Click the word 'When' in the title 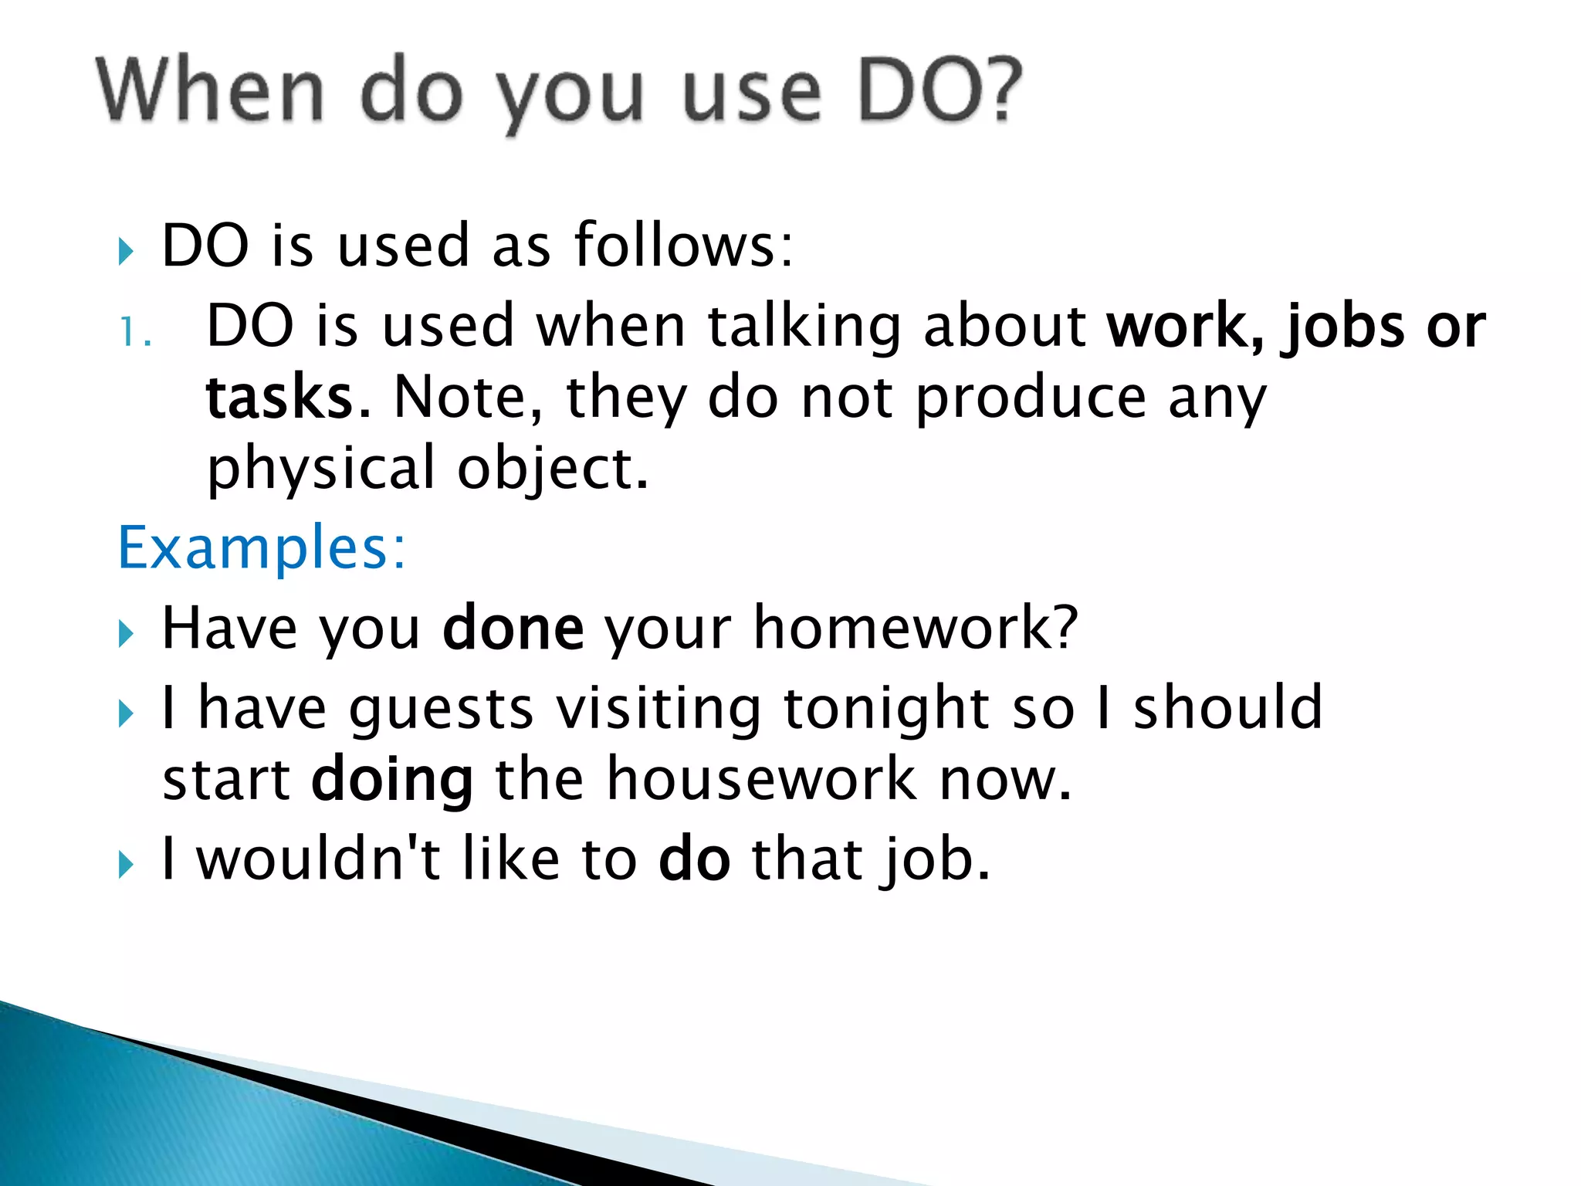[210, 93]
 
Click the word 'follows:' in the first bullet [683, 246]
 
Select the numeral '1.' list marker [135, 334]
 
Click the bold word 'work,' [1185, 326]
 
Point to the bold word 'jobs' [1344, 327]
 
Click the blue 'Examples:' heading [261, 547]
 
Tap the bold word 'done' [513, 629]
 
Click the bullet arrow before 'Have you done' [127, 634]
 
